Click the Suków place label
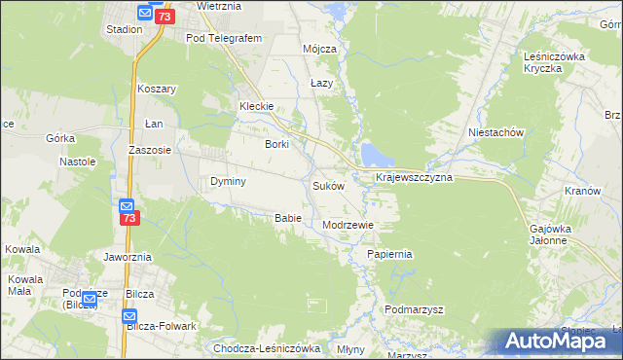(329, 185)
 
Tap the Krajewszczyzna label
(414, 178)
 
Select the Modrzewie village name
(348, 225)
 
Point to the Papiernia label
(390, 254)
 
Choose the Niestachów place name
(496, 132)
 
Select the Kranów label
(582, 191)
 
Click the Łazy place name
(321, 84)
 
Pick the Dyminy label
(228, 181)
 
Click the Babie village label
(287, 218)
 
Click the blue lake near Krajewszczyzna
(373, 154)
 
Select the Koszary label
(156, 89)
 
